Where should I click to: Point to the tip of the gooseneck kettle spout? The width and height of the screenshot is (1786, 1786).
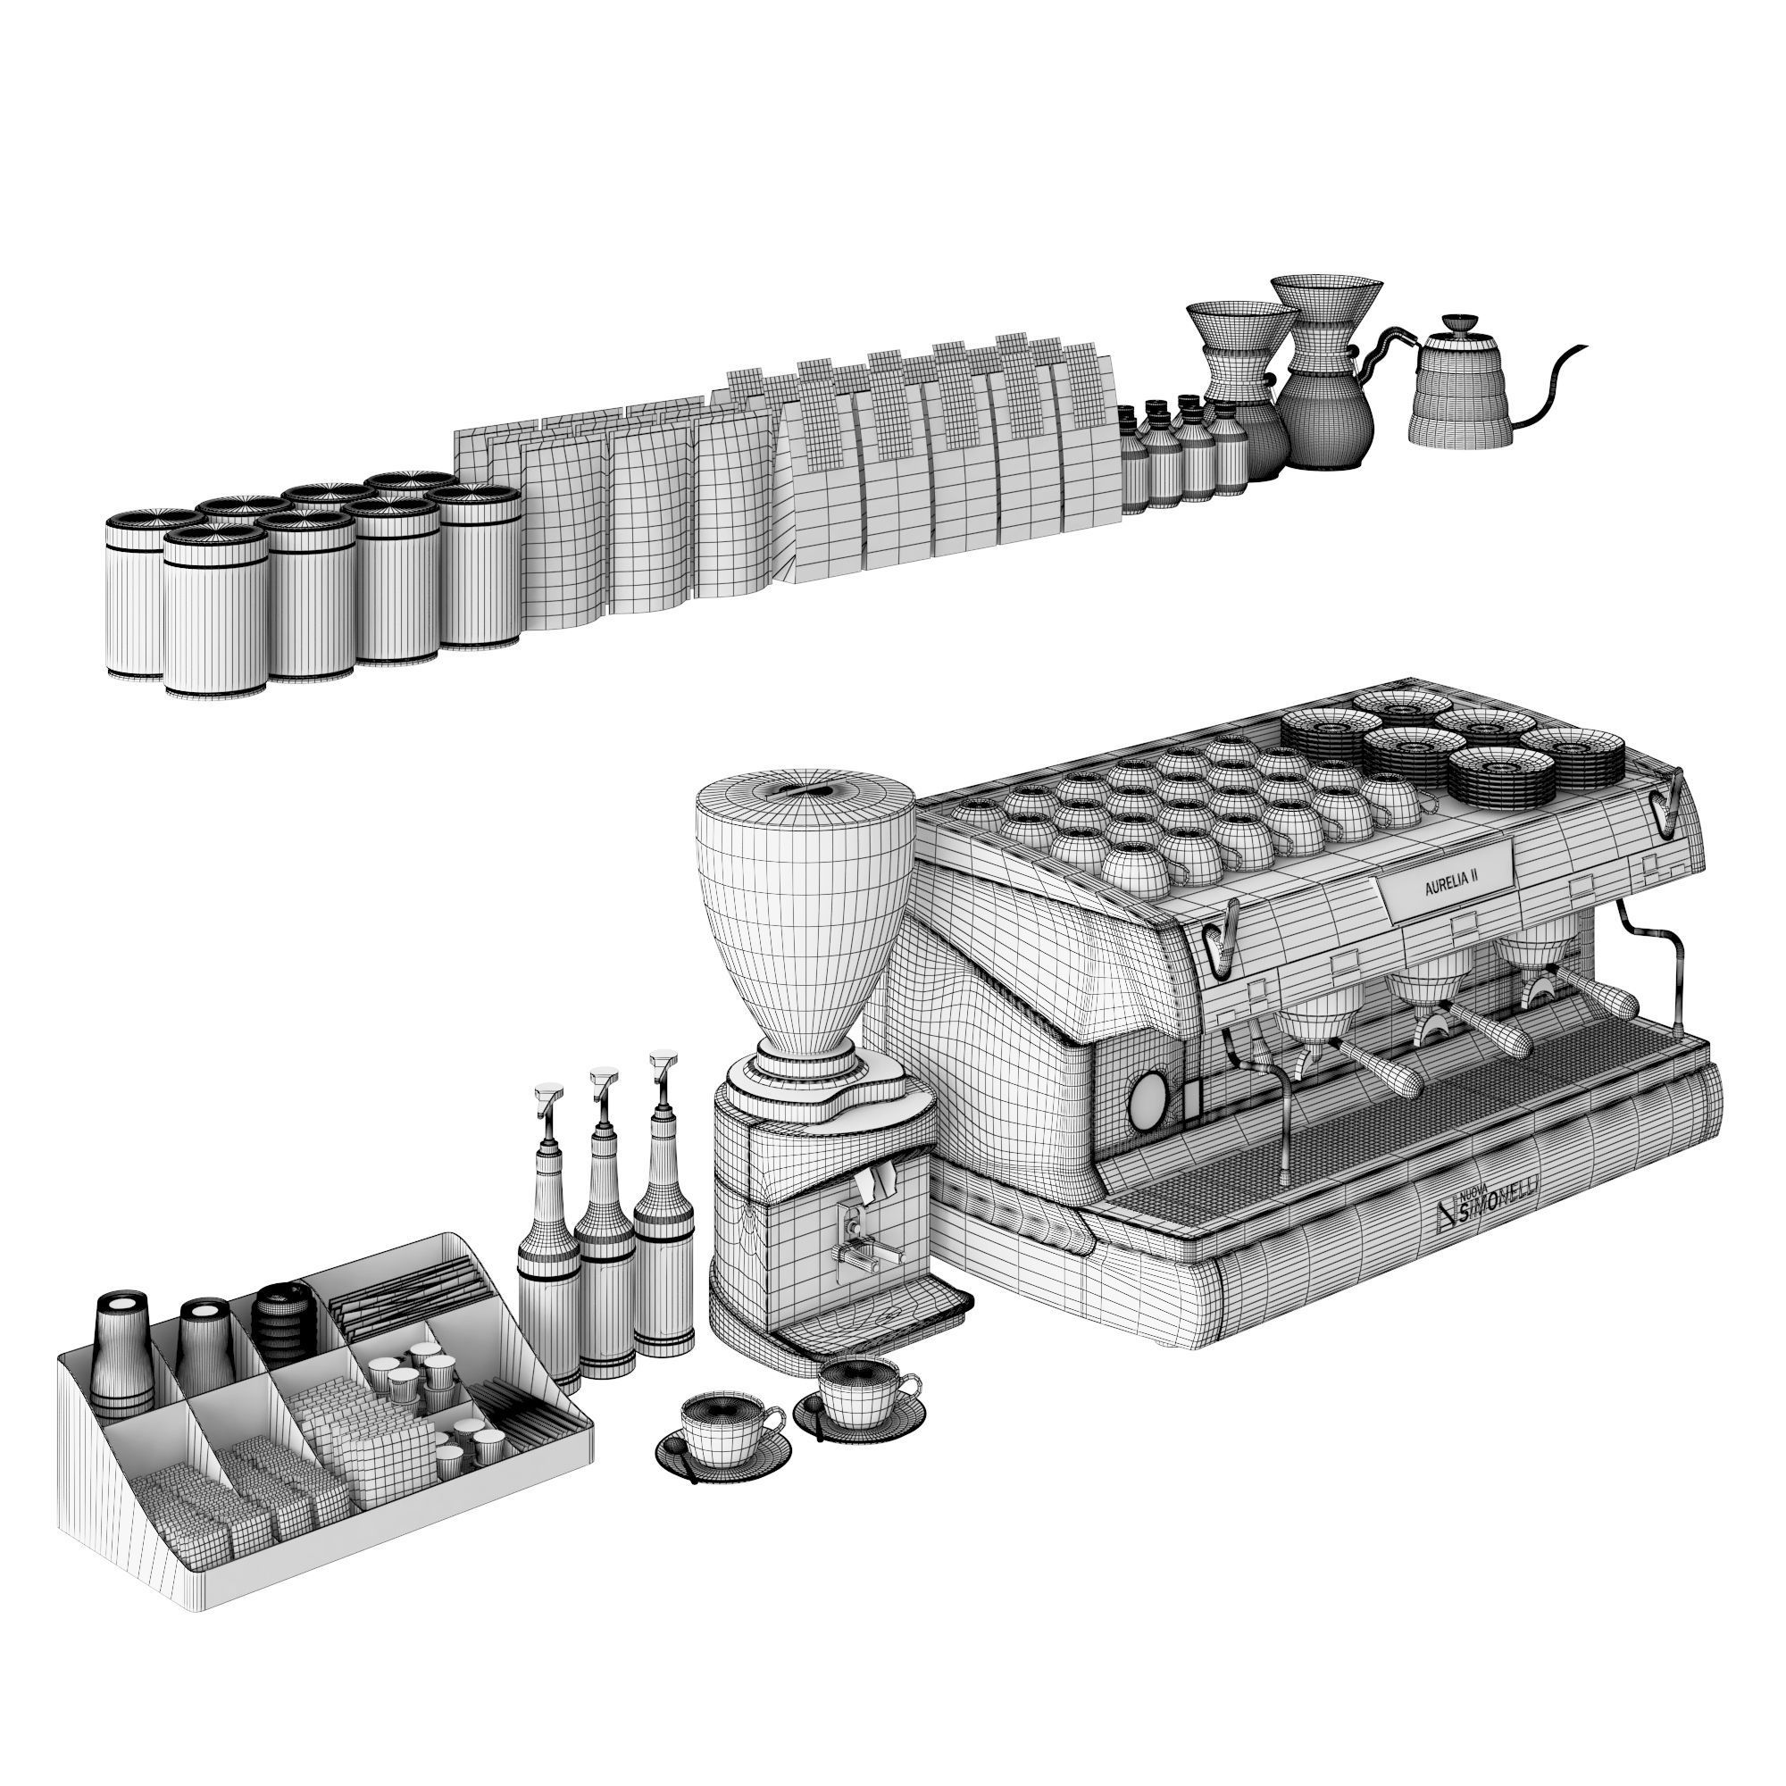[1583, 348]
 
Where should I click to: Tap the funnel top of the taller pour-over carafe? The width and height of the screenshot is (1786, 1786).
[1323, 300]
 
